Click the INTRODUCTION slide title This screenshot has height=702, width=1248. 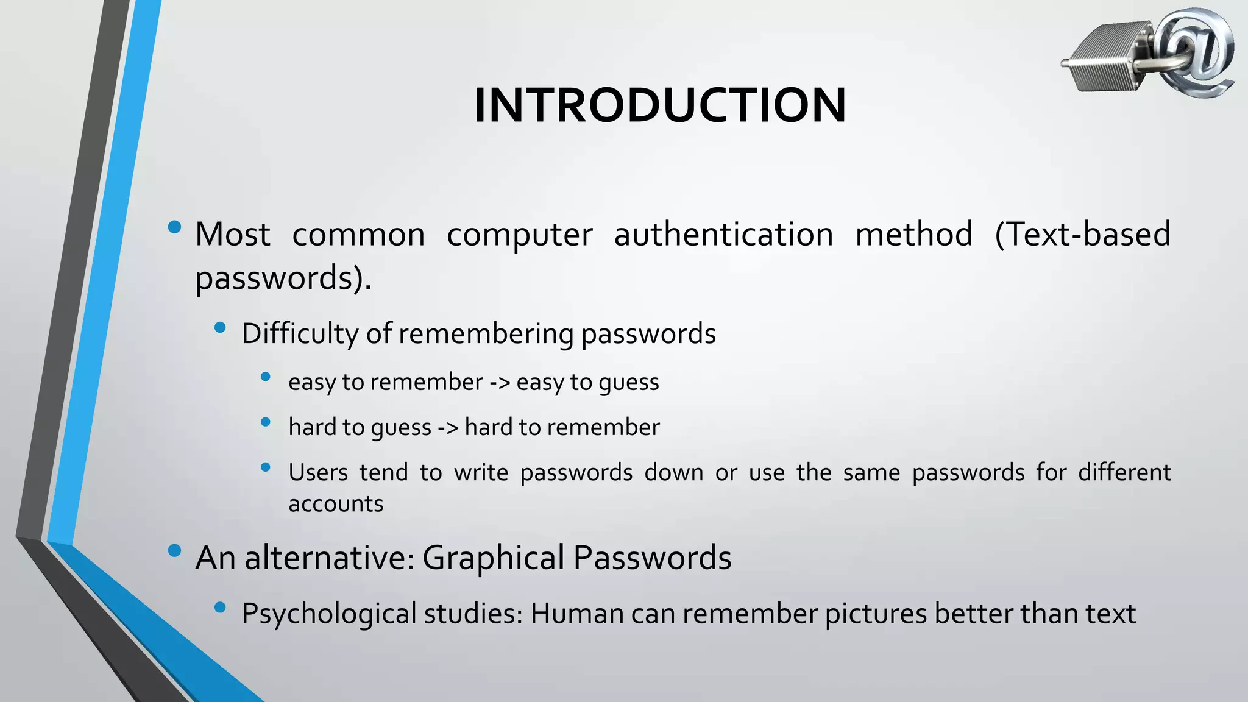pyautogui.click(x=660, y=105)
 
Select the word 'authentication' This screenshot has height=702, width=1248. pyautogui.click(x=723, y=235)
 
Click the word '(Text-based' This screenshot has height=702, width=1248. pyautogui.click(x=1082, y=235)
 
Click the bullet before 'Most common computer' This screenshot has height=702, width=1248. pyautogui.click(x=174, y=227)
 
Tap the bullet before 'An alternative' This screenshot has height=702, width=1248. pyautogui.click(x=174, y=551)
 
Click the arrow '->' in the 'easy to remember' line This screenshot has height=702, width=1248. pyautogui.click(x=500, y=383)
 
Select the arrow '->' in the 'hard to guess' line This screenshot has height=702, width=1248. pyautogui.click(x=448, y=427)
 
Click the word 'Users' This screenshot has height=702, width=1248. pyautogui.click(x=317, y=473)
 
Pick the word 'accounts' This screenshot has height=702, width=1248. pyautogui.click(x=336, y=505)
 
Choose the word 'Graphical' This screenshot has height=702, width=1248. pyautogui.click(x=493, y=558)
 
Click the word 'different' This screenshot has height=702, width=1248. pyautogui.click(x=1124, y=473)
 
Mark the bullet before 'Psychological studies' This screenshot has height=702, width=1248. pyautogui.click(x=221, y=607)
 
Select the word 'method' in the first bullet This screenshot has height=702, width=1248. pyautogui.click(x=914, y=235)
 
